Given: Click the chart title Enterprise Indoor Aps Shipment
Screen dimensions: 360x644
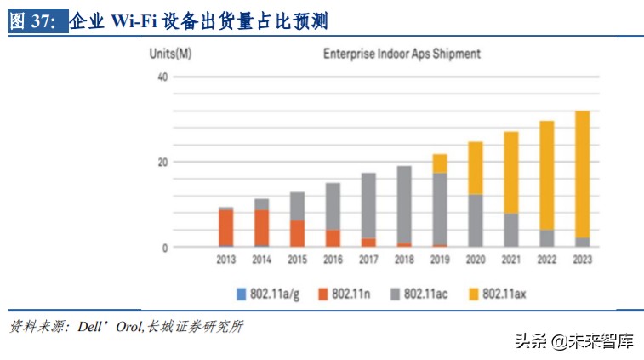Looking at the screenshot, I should tap(402, 54).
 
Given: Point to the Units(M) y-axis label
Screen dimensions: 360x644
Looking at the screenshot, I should tap(170, 54).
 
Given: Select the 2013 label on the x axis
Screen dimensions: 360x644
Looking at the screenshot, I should tap(225, 260).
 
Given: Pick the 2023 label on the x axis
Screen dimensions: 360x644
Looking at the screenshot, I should tap(582, 260).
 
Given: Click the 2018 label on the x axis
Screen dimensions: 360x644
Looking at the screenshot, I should tap(404, 260).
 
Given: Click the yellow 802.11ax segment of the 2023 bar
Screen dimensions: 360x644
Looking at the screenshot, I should tap(582, 174).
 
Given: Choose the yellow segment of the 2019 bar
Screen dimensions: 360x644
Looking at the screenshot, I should tap(440, 163).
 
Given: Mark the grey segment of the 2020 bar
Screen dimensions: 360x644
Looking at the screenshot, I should tap(476, 220).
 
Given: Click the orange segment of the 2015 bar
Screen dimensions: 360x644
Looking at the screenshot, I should tap(297, 233).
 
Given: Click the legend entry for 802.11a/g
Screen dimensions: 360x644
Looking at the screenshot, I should tap(267, 294).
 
